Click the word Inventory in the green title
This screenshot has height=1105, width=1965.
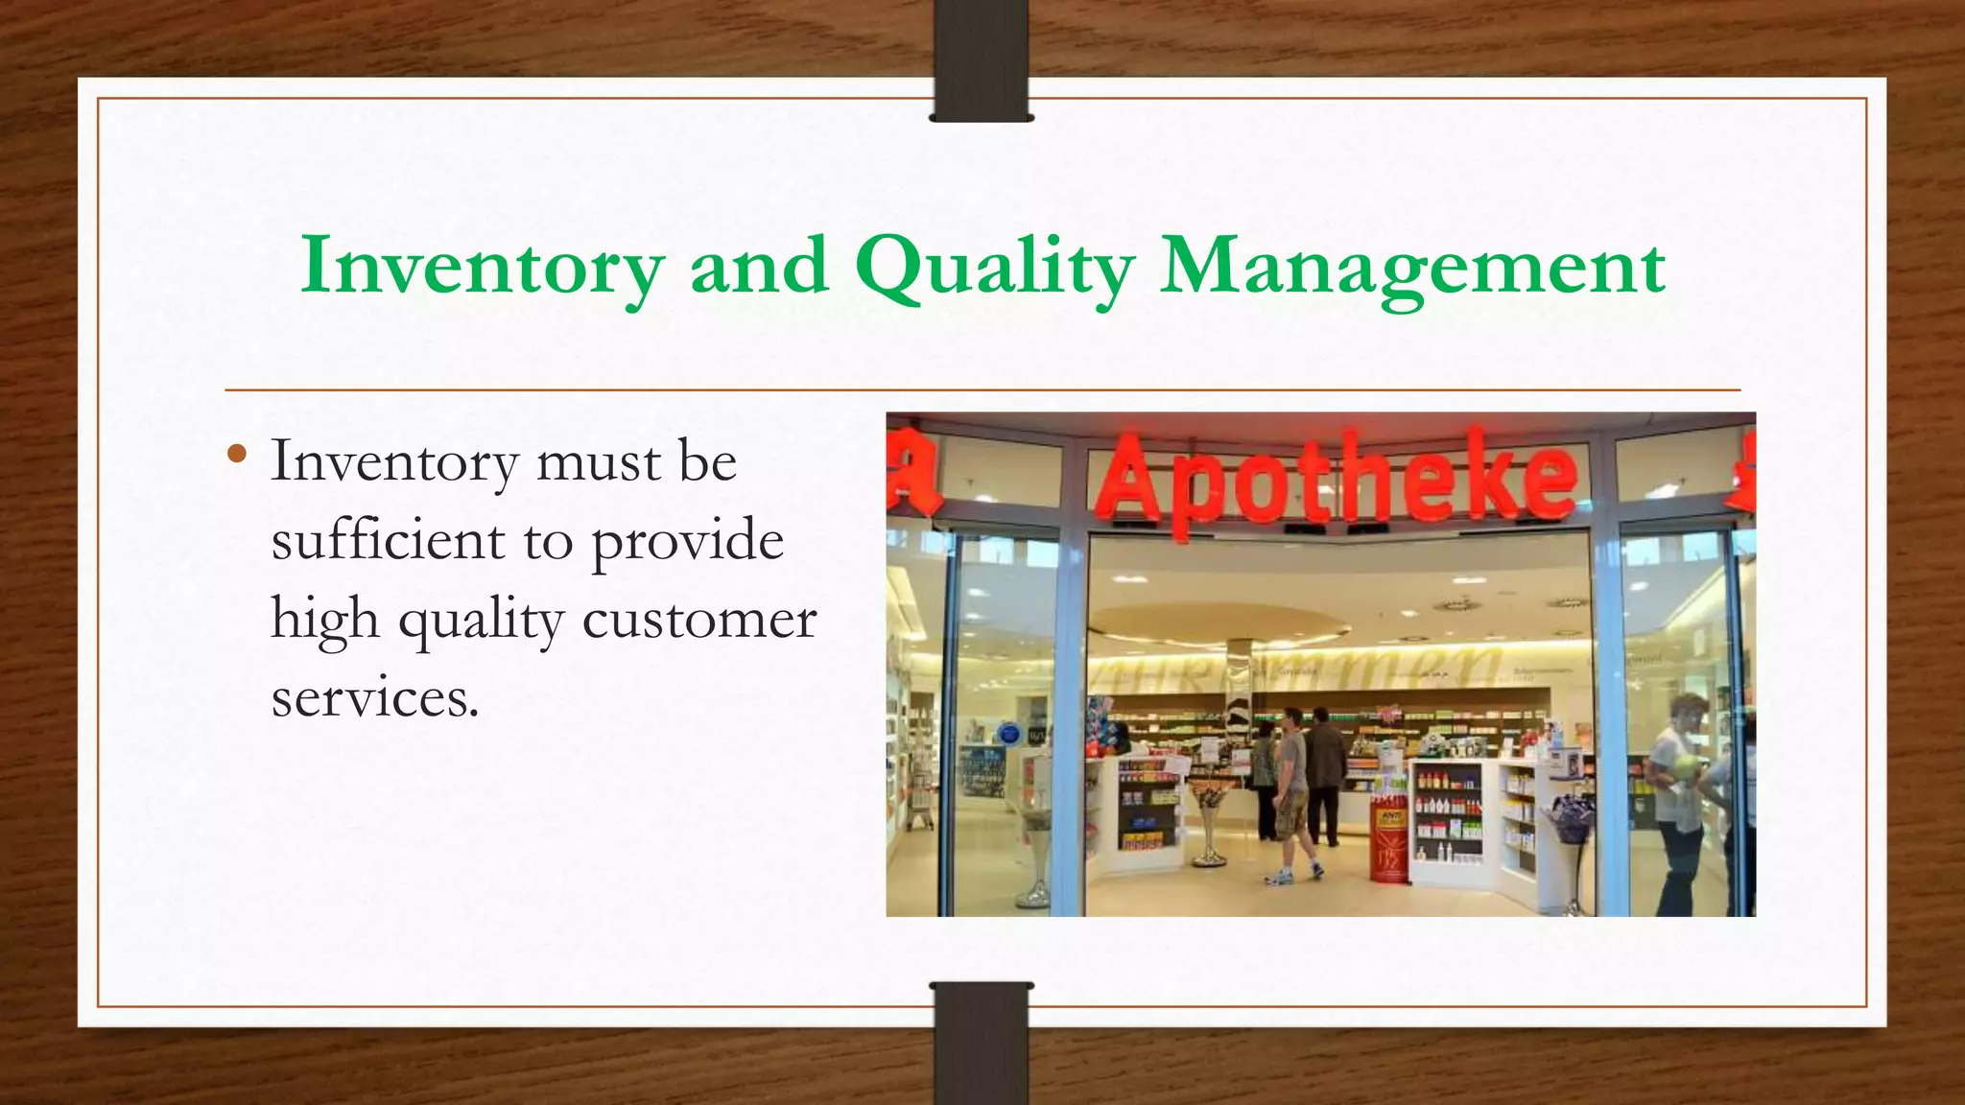pyautogui.click(x=483, y=267)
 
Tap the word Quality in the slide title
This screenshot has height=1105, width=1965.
pyautogui.click(x=994, y=267)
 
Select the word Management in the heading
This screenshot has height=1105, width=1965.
pyautogui.click(x=1412, y=267)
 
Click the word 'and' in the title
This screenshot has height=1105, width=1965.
pyautogui.click(x=759, y=267)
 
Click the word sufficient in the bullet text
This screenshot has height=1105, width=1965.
pyautogui.click(x=388, y=540)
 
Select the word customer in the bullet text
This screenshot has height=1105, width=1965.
pyautogui.click(x=698, y=619)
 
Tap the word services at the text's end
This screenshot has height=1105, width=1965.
pyautogui.click(x=374, y=697)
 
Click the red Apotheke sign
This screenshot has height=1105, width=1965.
pyautogui.click(x=1338, y=477)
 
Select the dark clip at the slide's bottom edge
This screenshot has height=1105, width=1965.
pyautogui.click(x=982, y=1044)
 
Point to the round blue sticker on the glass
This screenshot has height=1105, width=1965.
pyautogui.click(x=1007, y=734)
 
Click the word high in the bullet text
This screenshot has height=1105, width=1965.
pyautogui.click(x=324, y=620)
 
